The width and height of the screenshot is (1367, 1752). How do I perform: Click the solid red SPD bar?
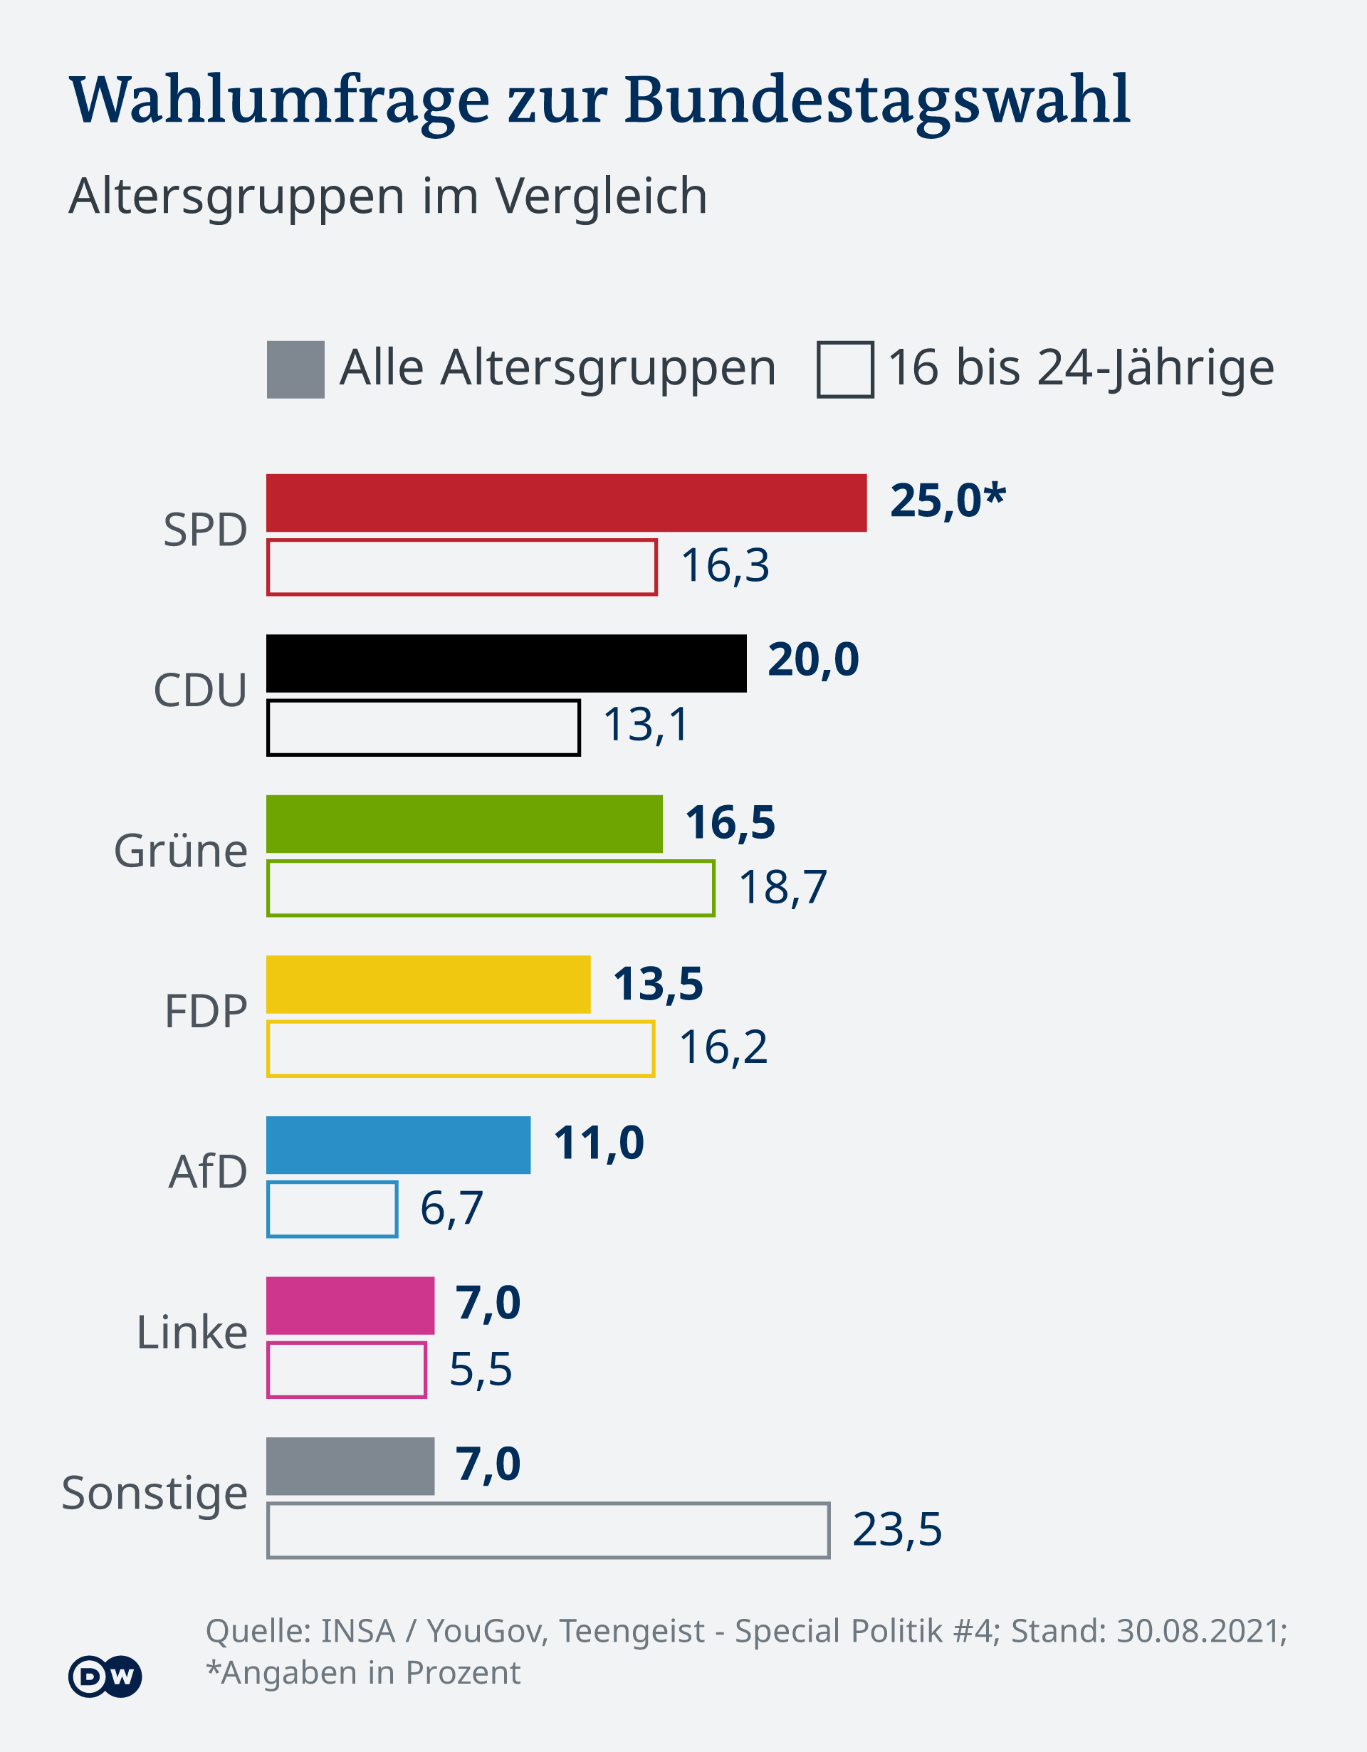566,503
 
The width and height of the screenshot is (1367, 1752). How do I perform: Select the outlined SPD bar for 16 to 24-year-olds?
462,567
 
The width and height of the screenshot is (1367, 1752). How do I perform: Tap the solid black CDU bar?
506,663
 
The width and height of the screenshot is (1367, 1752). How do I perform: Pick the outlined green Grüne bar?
490,888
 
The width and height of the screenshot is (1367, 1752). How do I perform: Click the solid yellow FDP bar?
429,985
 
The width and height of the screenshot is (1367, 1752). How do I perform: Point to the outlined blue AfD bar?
332,1209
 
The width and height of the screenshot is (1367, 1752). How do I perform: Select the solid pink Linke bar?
350,1305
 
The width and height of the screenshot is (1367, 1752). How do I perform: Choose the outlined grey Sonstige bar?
548,1530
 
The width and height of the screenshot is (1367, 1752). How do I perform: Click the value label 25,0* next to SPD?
947,501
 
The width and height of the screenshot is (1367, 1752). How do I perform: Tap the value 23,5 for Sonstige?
897,1529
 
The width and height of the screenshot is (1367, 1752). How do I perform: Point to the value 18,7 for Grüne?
782,887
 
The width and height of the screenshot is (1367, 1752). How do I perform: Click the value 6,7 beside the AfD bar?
451,1208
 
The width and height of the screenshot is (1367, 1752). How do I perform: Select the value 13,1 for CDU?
646,725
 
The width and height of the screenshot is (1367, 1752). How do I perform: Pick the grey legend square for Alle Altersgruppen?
295,369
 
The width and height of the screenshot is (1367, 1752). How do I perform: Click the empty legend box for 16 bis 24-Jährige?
844,369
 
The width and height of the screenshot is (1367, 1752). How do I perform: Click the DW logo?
105,1676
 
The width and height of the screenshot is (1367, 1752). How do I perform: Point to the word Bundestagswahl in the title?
877,100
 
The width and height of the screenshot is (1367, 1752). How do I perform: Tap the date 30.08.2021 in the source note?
1201,1631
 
